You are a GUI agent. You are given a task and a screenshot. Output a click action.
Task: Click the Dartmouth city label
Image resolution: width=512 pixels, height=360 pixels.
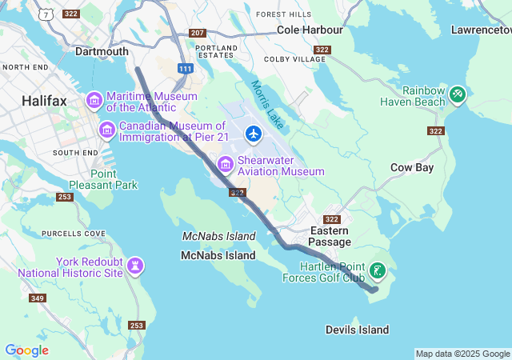coord(101,51)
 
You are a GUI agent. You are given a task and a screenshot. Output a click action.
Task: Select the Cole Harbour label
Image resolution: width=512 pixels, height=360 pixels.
coord(310,30)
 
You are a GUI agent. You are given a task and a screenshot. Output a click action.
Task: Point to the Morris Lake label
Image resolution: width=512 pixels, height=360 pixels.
coord(266,105)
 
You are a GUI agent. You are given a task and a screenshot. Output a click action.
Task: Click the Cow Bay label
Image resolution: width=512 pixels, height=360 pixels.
coord(411,167)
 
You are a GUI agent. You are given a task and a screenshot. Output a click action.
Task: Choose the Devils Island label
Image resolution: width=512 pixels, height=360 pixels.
coord(357,330)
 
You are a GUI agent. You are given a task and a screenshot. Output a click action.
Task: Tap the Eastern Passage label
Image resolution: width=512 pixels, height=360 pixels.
coord(330,236)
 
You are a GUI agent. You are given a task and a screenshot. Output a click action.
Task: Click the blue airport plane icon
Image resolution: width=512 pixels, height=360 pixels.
coord(254,133)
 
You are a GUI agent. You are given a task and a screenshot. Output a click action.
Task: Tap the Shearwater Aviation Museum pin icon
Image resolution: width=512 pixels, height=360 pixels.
coord(226,165)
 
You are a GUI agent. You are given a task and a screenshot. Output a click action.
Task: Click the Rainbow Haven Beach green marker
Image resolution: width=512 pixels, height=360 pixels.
coord(458,94)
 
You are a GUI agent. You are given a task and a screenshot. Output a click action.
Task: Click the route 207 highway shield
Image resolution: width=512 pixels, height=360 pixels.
coord(198,33)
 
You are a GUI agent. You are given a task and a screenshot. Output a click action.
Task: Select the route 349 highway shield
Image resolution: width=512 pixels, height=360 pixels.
coord(37,298)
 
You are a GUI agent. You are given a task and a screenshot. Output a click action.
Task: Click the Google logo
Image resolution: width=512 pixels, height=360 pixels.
coord(26,350)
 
